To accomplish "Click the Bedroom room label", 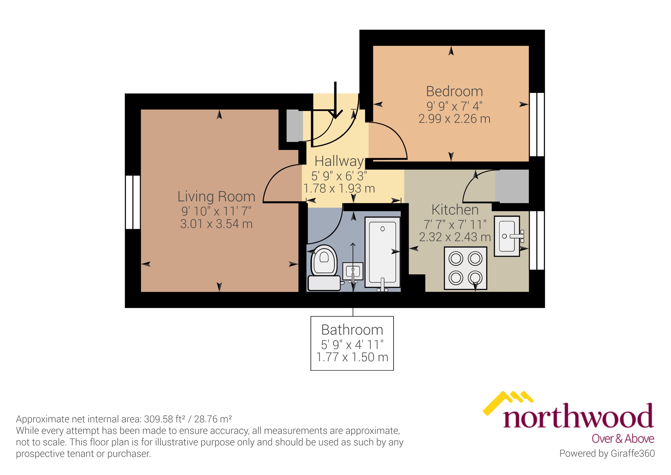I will point(454,92).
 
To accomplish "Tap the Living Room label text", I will point(216,197).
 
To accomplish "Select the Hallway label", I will point(339,161).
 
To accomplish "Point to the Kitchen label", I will point(455,210).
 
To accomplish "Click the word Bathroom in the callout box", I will point(352,330).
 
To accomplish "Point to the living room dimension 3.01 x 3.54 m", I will point(216,224).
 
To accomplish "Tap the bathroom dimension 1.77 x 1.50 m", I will point(352,357).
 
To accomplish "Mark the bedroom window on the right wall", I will point(537,125).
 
